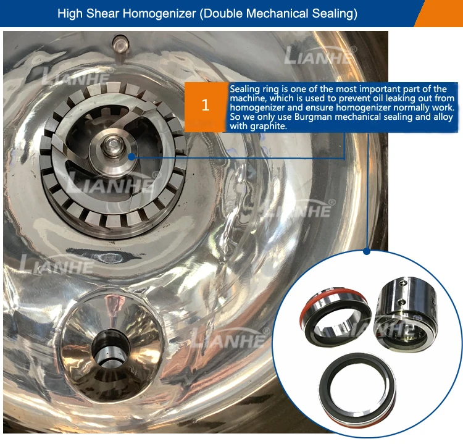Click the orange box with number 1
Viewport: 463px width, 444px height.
(x=206, y=107)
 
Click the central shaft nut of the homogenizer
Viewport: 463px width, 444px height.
(x=112, y=146)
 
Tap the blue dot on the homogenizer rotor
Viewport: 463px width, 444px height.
(x=131, y=157)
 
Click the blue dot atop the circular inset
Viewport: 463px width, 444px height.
(x=367, y=251)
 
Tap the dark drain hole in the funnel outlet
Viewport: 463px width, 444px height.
(x=111, y=348)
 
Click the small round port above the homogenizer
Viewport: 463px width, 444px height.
(x=120, y=44)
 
